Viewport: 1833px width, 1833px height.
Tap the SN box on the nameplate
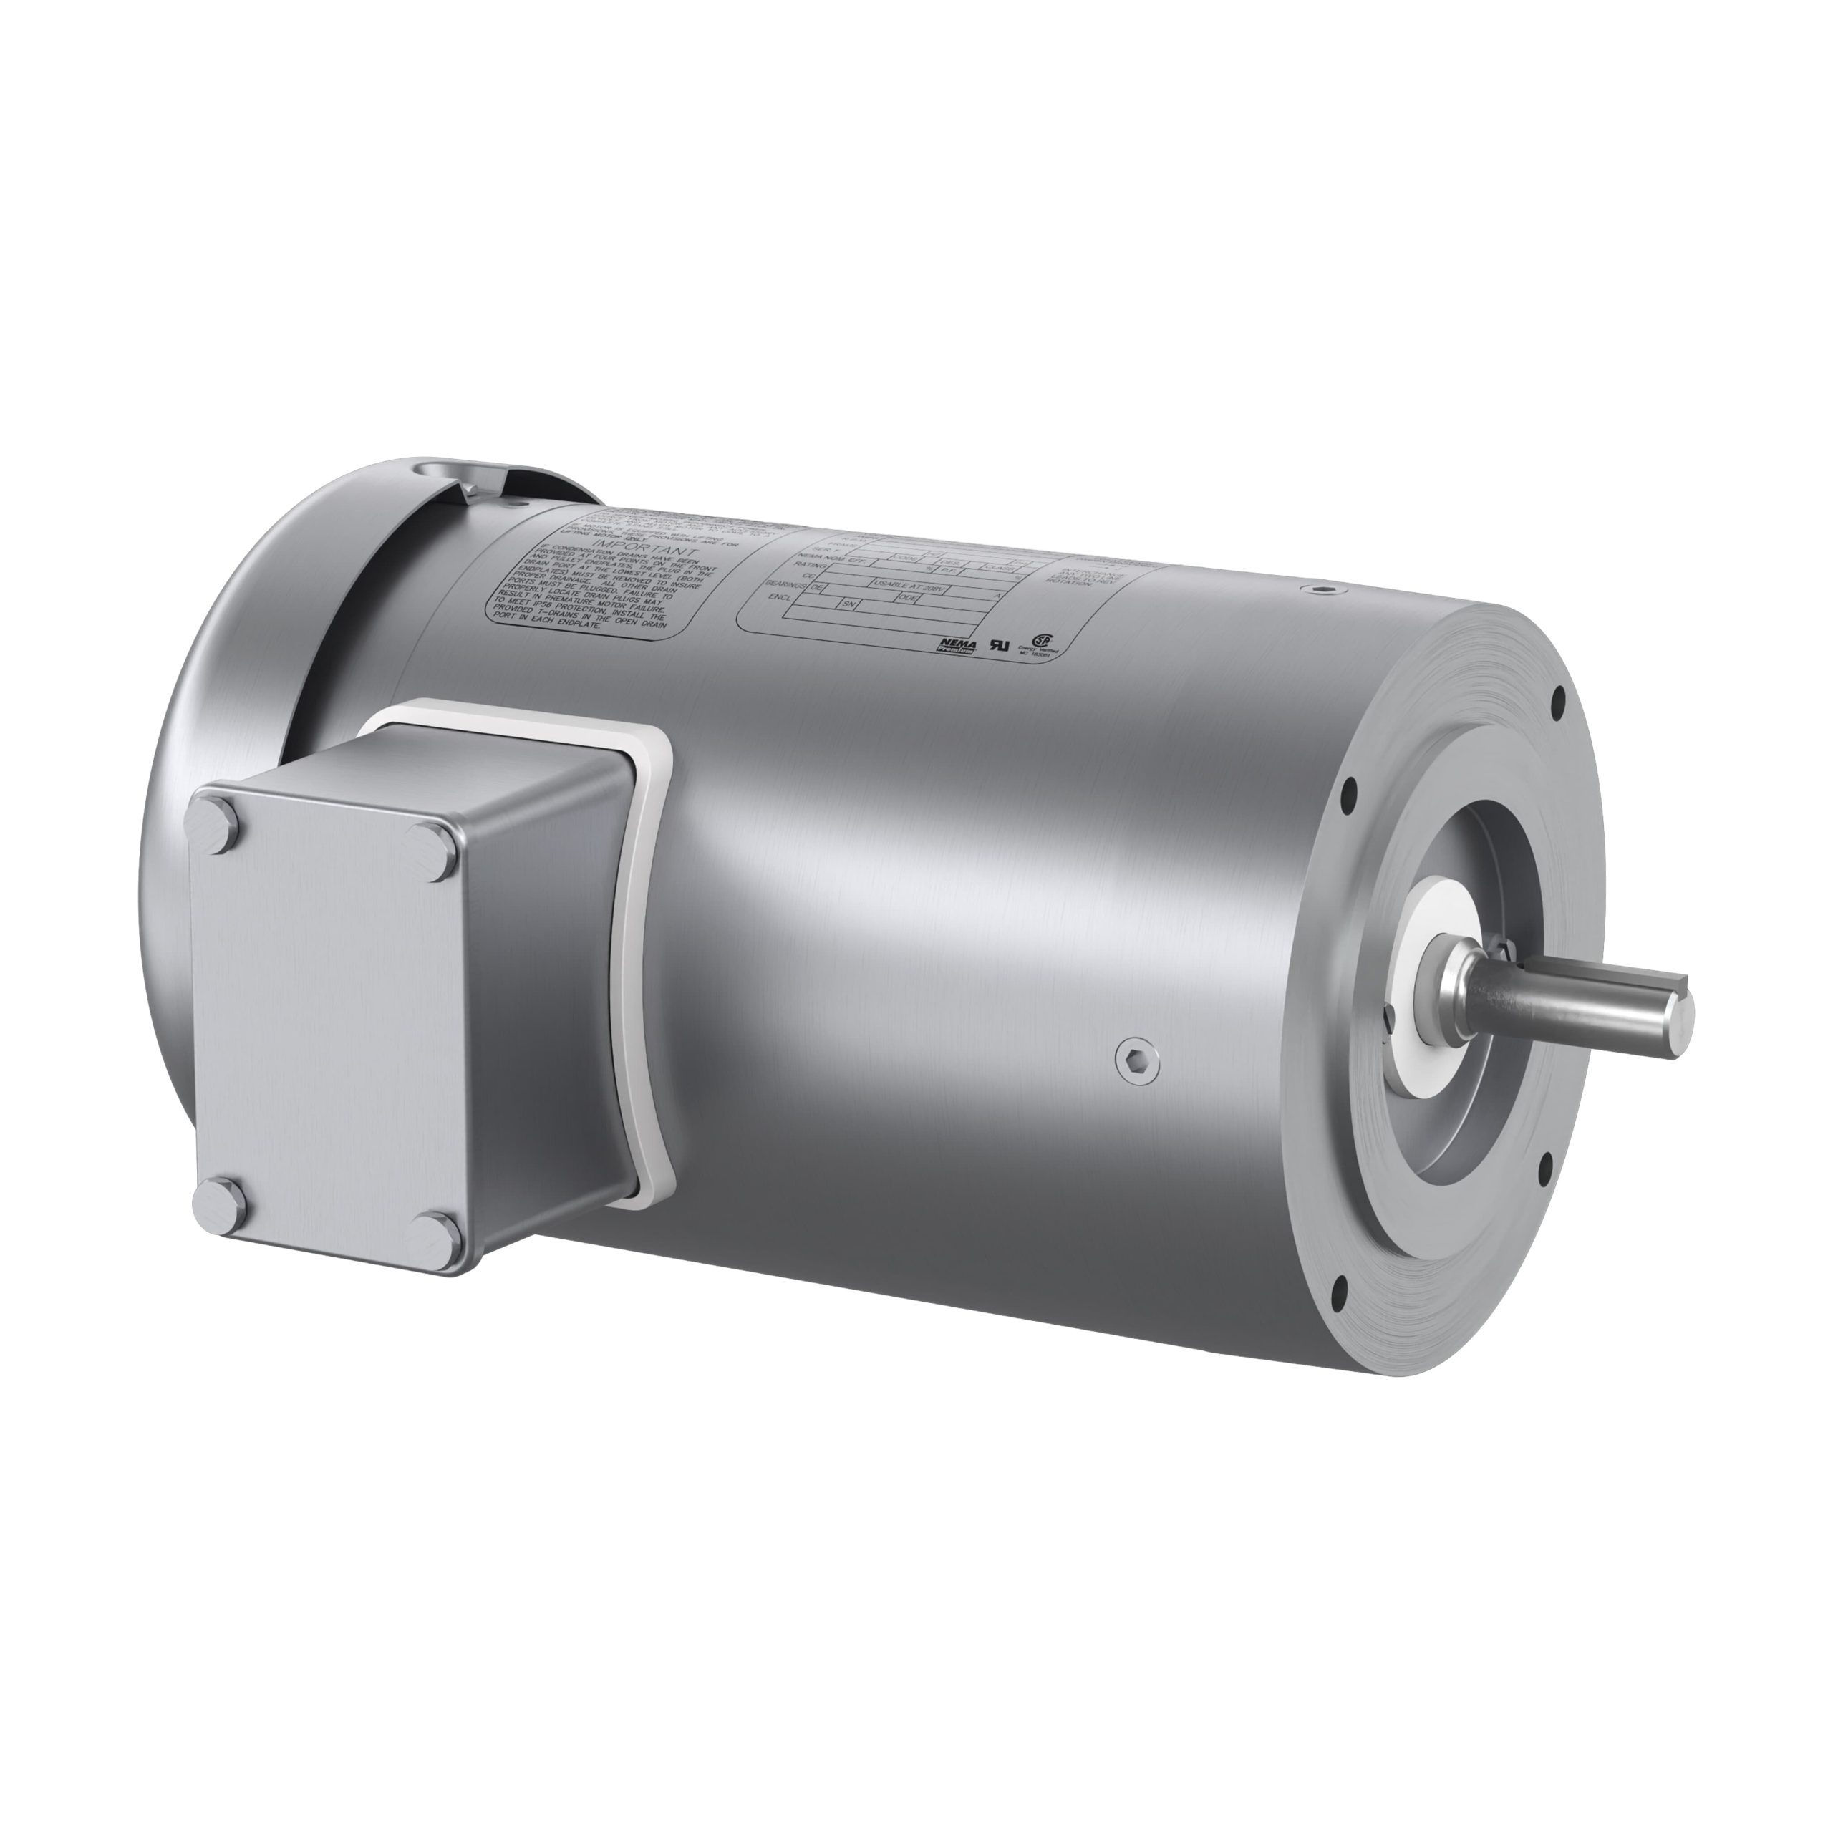849,604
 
